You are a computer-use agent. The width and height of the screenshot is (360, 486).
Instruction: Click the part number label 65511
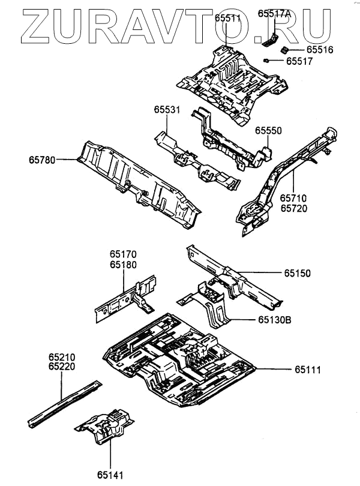tap(227, 18)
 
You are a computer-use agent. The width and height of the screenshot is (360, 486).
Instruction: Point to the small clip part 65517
tap(266, 60)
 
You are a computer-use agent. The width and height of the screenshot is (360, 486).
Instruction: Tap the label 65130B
tap(276, 321)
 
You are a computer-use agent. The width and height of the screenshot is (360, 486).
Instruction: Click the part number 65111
tap(308, 370)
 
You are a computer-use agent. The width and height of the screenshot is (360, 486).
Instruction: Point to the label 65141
tap(109, 476)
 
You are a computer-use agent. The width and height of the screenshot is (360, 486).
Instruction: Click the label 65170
tap(124, 255)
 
